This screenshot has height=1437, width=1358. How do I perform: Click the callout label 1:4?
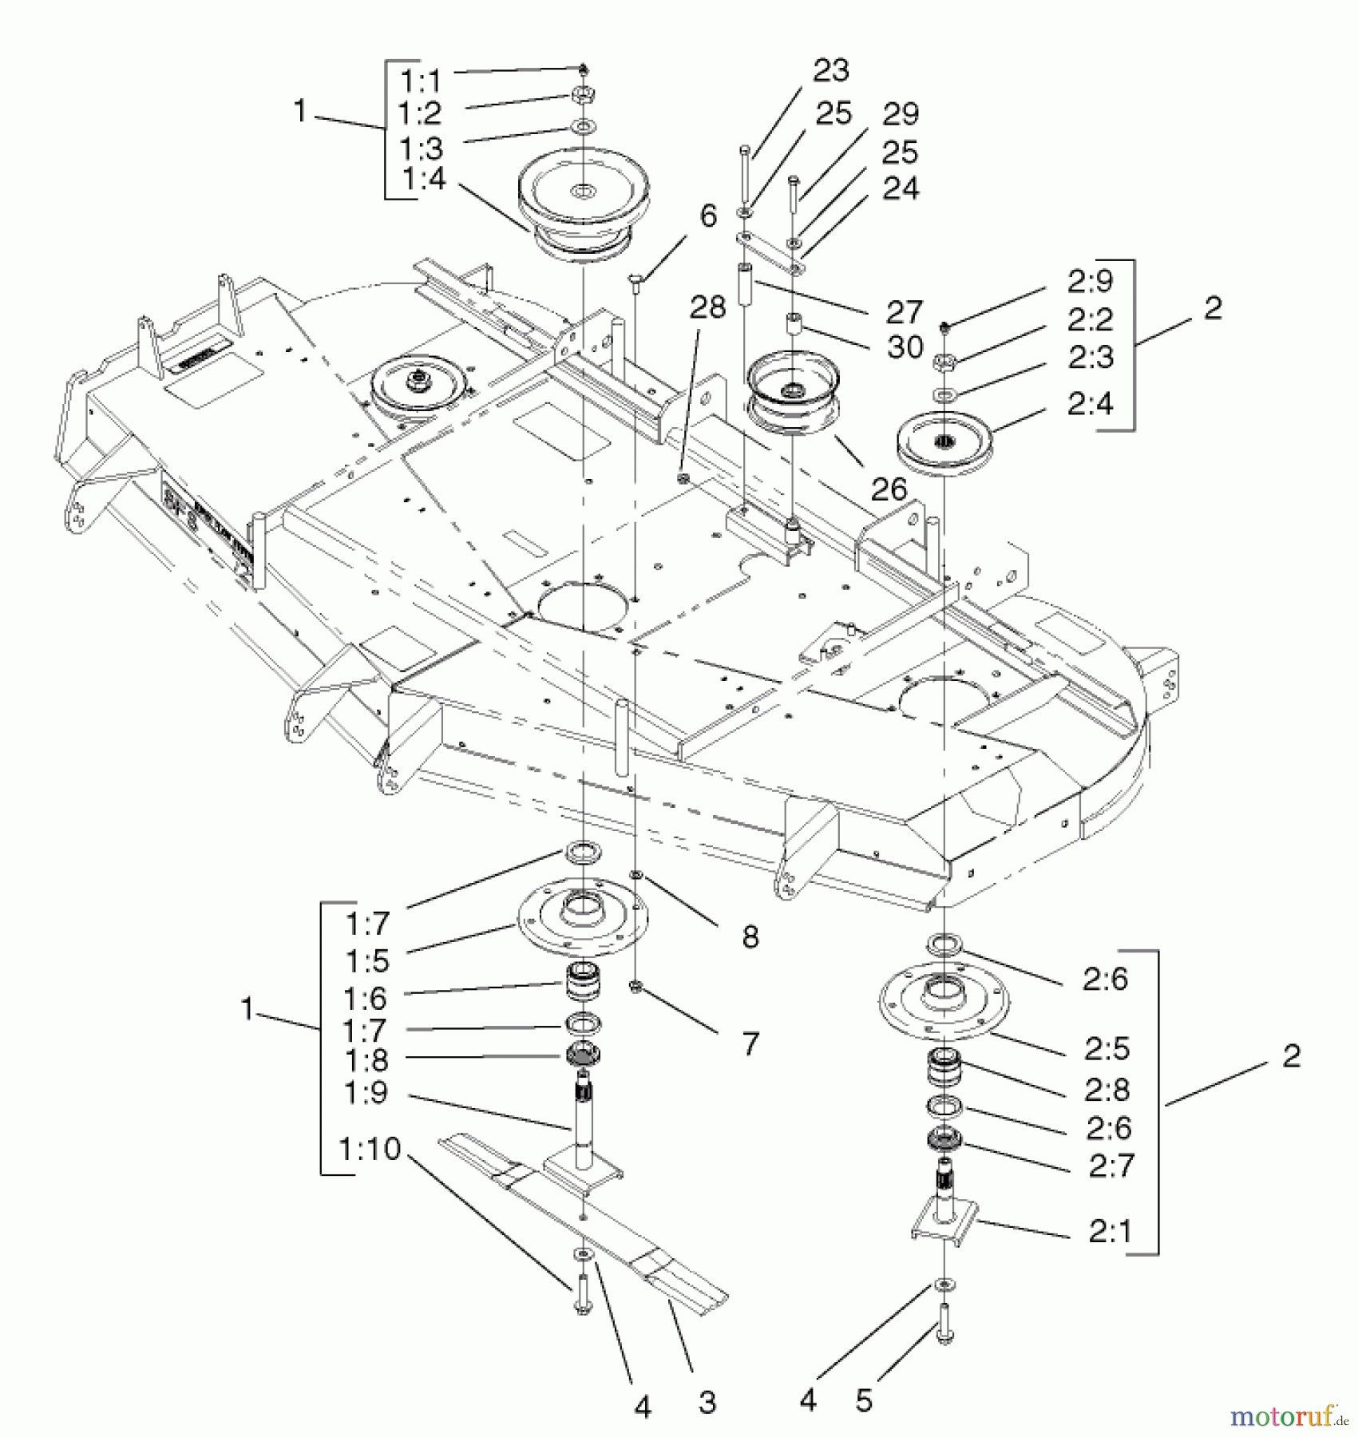[x=422, y=179]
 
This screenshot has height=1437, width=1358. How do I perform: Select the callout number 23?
[x=830, y=71]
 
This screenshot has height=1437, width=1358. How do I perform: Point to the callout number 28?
[x=707, y=307]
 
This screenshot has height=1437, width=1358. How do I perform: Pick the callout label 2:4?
[x=1090, y=404]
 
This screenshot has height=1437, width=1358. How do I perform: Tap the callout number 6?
[x=708, y=216]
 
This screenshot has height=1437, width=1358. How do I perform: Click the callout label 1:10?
[x=370, y=1149]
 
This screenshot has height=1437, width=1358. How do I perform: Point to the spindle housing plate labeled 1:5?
[x=583, y=918]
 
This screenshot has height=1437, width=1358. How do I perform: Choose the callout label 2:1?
[x=1110, y=1232]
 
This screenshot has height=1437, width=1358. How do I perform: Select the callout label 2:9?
[x=1090, y=281]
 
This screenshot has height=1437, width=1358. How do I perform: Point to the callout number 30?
[x=905, y=347]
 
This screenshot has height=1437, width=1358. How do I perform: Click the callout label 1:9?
[x=366, y=1092]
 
